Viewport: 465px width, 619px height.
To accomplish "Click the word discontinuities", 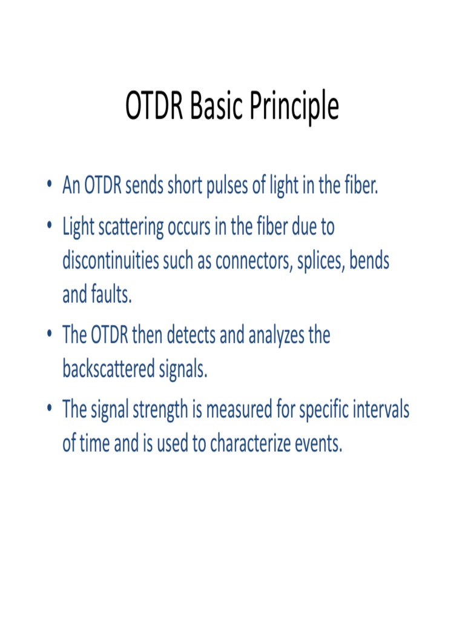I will coord(107,261).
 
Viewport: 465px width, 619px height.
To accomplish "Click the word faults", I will coord(111,295).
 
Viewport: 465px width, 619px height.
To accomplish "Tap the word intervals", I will coord(381,410).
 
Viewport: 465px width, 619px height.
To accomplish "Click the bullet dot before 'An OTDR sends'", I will coord(48,187).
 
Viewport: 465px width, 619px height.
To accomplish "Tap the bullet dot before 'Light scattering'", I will coord(48,228).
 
